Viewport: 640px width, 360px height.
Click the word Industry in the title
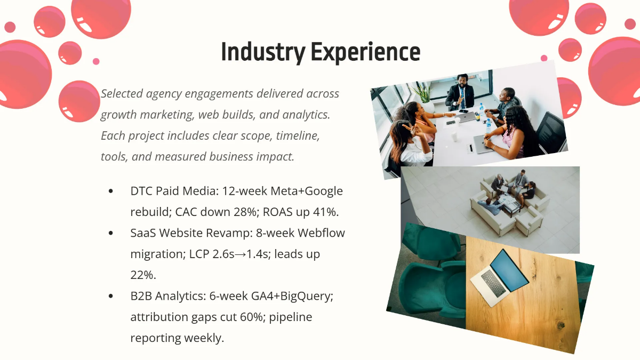tap(263, 52)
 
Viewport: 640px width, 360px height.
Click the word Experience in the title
tap(366, 52)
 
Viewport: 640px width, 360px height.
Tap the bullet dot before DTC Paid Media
tap(111, 191)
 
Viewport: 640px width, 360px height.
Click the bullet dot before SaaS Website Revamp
tap(111, 233)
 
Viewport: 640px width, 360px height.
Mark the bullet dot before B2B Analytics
tap(111, 296)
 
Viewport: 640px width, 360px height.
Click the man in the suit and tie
tap(460, 93)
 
